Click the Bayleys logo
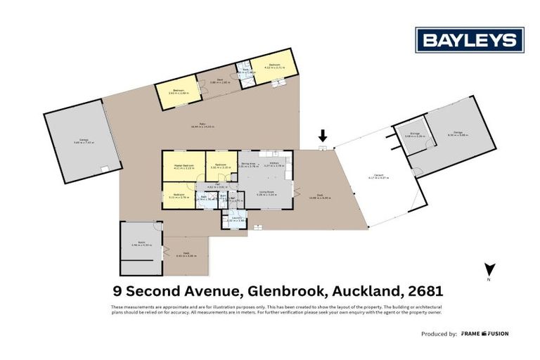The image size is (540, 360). pos(469,40)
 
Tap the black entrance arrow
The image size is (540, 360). pos(322,135)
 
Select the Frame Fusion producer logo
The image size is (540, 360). pos(484,333)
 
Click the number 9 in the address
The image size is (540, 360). pos(117,290)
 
